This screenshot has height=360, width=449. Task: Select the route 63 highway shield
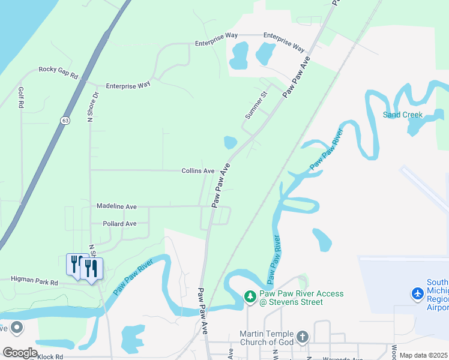[x=64, y=121]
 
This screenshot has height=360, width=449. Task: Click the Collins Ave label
[x=198, y=171]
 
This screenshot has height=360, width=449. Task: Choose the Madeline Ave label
[x=116, y=206]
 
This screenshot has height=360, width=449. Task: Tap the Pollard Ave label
[x=119, y=224]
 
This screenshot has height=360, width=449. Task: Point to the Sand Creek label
[x=403, y=115]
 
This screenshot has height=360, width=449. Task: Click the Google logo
[x=20, y=352]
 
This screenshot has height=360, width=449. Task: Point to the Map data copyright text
[x=424, y=355]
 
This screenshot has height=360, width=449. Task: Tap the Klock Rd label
[x=50, y=357]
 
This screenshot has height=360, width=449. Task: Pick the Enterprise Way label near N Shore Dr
[x=128, y=86]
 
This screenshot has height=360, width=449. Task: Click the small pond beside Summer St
[x=230, y=142]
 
